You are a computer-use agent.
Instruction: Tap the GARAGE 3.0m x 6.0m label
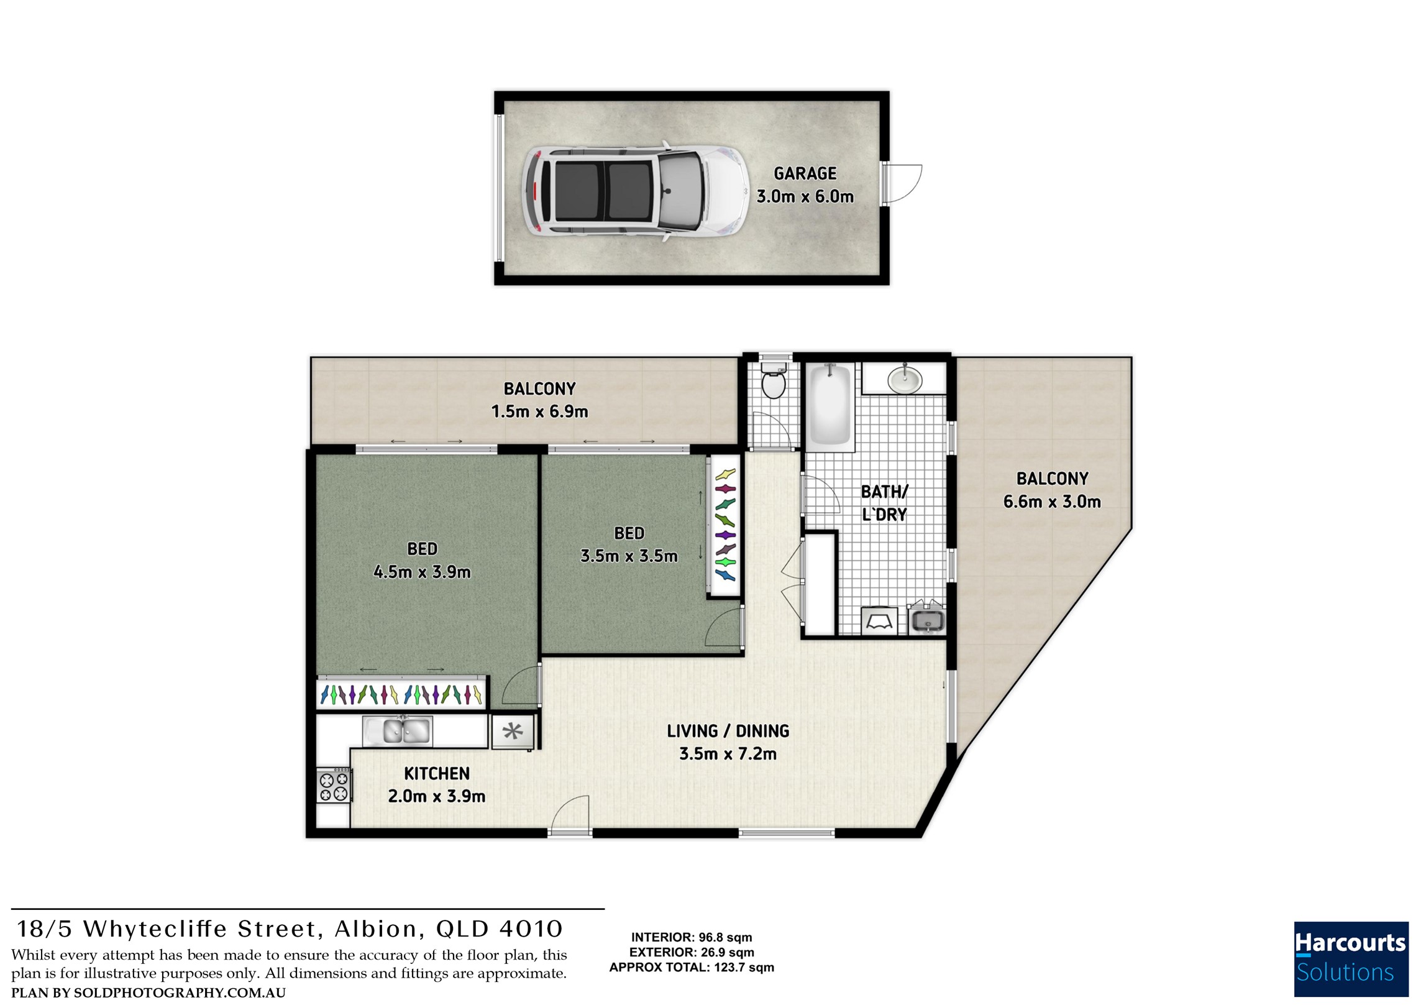tap(805, 185)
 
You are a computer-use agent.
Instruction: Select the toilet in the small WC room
tap(774, 380)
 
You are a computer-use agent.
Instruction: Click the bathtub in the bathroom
tap(830, 404)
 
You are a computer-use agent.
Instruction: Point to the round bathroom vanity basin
tap(905, 380)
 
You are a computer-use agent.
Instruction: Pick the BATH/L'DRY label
tap(884, 503)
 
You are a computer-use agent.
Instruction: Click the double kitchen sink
tap(398, 730)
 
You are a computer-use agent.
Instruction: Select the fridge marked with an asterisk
tap(513, 732)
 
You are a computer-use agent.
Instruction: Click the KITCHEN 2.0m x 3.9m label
tap(437, 785)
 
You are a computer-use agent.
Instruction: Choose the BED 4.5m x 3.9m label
tap(422, 560)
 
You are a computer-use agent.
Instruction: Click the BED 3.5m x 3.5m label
tap(629, 544)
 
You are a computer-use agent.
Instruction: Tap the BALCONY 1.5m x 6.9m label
tap(539, 400)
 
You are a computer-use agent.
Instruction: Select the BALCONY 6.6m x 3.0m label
tap(1052, 490)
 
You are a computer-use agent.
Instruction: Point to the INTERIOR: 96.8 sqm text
tap(692, 937)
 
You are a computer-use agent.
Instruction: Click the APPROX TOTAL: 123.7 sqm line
tap(692, 967)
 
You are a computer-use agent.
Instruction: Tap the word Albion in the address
tap(375, 929)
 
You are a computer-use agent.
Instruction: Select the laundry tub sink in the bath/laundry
tap(927, 620)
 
